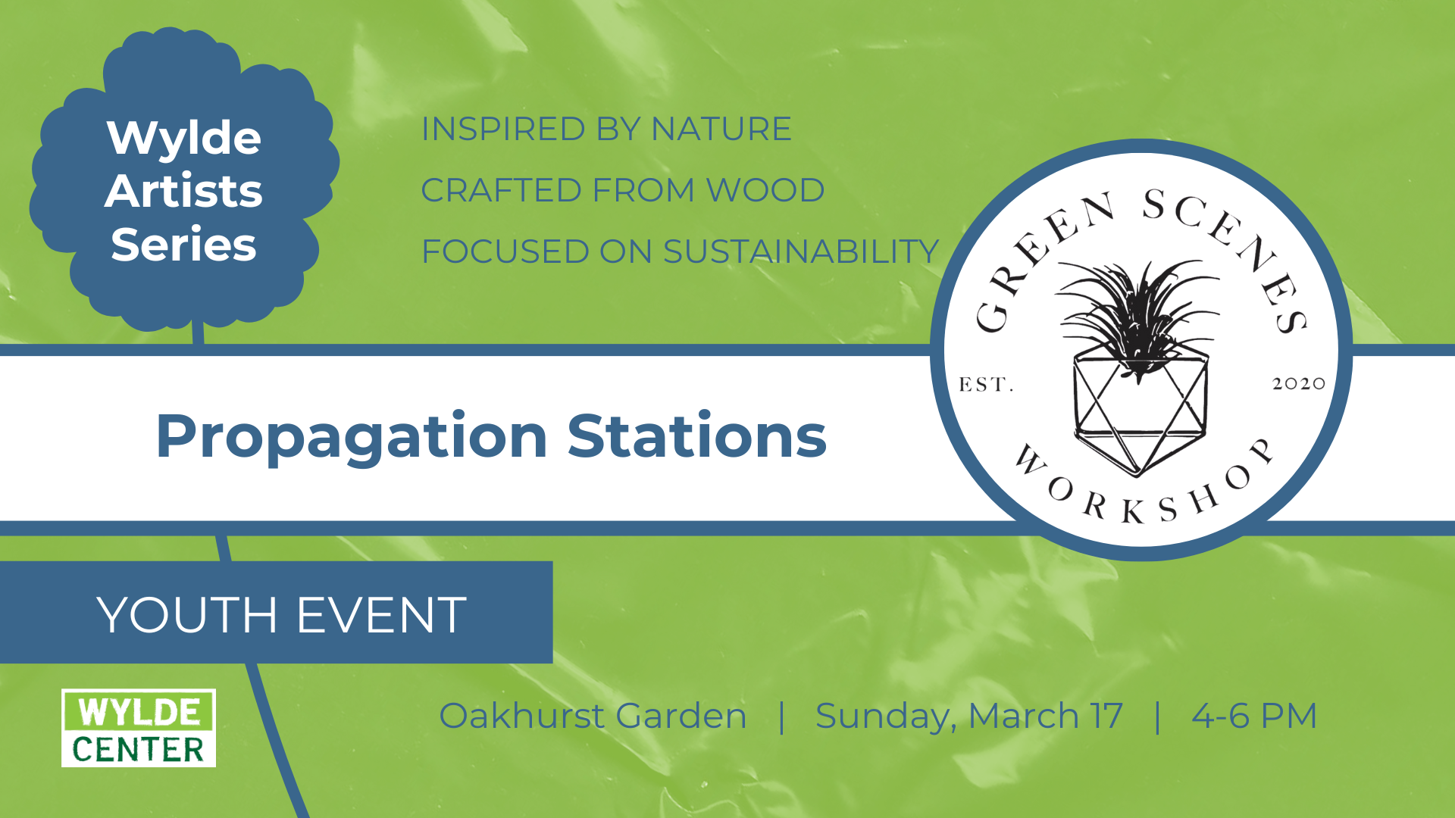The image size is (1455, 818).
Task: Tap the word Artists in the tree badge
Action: [x=184, y=190]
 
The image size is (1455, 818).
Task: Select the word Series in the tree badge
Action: [x=184, y=244]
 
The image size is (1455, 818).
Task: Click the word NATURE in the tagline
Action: [x=721, y=129]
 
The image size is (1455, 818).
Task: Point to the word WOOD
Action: [x=765, y=190]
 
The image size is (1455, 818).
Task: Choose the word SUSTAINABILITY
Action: [x=801, y=251]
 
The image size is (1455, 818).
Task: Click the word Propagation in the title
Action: [x=352, y=438]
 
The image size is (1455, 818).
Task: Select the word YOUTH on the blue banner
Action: [x=187, y=614]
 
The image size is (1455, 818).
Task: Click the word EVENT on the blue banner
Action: [x=381, y=614]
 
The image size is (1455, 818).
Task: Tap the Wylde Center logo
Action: [x=139, y=728]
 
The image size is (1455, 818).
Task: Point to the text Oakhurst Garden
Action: [x=593, y=716]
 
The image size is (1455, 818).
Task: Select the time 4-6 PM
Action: [x=1254, y=716]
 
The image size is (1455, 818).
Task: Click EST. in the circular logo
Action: [x=986, y=385]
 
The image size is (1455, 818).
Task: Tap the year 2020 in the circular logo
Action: [x=1299, y=384]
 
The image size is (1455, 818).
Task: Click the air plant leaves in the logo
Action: [x=1137, y=311]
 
